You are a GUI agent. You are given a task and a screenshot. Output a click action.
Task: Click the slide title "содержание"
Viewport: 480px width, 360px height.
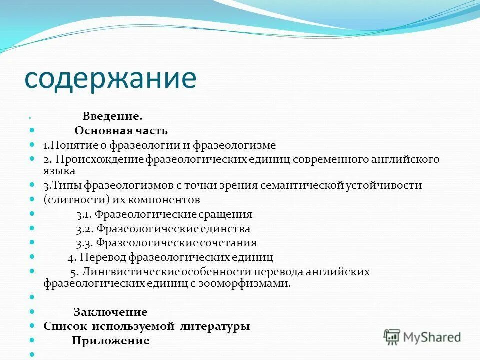(x=111, y=78)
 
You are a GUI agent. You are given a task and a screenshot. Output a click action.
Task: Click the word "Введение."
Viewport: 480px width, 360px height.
(x=113, y=116)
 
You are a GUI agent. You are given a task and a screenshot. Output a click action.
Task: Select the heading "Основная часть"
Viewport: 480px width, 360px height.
(x=121, y=131)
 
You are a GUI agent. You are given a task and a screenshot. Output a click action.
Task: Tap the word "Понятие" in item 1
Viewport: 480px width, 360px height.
(x=67, y=146)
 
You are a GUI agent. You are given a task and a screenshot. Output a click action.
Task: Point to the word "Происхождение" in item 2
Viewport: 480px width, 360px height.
(x=100, y=160)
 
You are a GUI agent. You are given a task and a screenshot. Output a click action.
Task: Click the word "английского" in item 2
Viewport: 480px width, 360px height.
(x=406, y=160)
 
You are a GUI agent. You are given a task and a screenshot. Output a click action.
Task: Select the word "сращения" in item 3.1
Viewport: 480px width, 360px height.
(x=227, y=215)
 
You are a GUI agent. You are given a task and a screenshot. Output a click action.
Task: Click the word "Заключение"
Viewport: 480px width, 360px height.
(x=110, y=313)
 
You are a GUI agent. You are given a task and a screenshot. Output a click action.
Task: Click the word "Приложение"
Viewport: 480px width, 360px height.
(x=110, y=341)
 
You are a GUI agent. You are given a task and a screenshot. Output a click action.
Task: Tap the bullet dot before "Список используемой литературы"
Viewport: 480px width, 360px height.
(x=32, y=326)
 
